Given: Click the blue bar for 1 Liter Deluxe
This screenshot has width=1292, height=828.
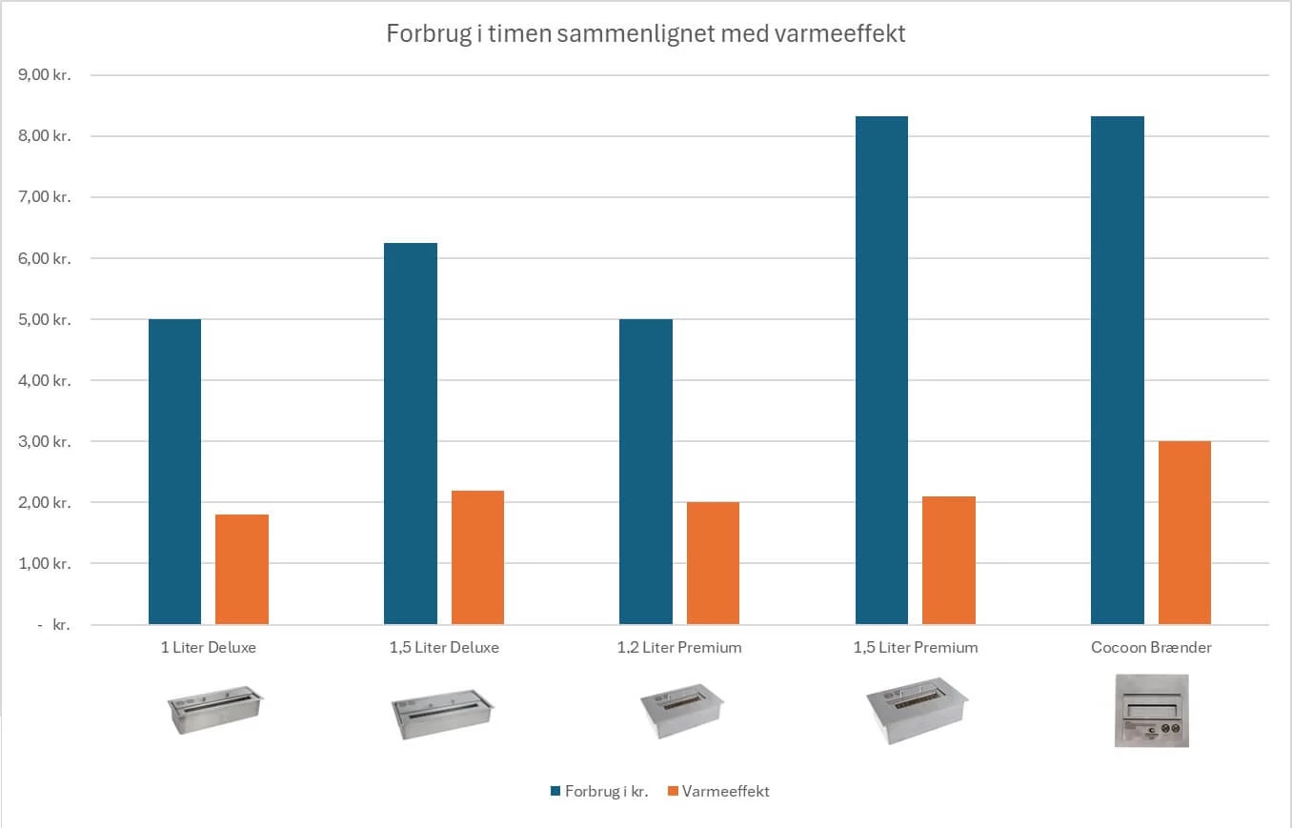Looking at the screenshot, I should click(175, 472).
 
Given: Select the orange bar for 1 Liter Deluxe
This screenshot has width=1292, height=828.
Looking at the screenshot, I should click(242, 570).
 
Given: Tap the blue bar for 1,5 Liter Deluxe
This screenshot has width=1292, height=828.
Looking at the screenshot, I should click(411, 434).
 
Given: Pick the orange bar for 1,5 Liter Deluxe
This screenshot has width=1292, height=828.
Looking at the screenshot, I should click(477, 557).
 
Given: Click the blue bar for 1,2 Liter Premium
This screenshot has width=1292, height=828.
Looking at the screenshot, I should click(646, 472).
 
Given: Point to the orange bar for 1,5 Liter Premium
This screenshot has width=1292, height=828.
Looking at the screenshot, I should click(949, 560).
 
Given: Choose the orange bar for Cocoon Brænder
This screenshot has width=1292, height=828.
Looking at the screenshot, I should click(1184, 533).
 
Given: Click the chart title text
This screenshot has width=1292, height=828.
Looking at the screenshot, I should click(646, 34).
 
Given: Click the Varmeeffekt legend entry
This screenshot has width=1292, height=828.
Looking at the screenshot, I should click(725, 791).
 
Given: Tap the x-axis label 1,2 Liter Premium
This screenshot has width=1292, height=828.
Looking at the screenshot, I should click(679, 647).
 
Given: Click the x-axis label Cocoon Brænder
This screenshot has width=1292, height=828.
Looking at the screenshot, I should click(1151, 647).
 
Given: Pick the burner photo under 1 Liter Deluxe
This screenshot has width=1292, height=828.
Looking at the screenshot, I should click(214, 709).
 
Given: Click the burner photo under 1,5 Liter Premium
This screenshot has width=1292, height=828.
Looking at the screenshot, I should click(916, 711).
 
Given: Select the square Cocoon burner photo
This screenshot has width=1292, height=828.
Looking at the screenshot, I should click(1152, 711).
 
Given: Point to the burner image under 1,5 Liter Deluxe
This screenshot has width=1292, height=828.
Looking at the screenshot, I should click(442, 713).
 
